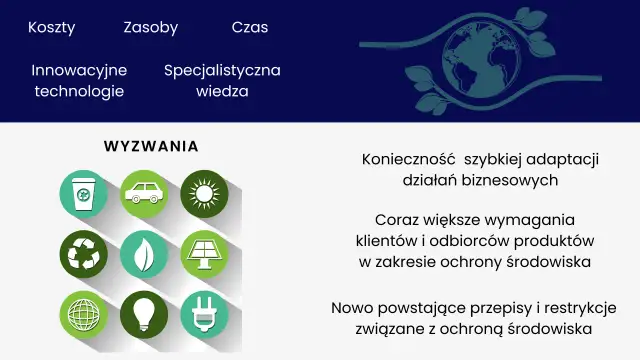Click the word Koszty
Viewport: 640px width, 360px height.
[52, 28]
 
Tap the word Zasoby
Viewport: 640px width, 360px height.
[151, 28]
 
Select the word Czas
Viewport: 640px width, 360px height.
[250, 28]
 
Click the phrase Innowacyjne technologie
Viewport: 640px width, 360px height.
[80, 81]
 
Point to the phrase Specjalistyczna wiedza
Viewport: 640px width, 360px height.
[222, 81]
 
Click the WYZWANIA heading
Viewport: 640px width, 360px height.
[151, 147]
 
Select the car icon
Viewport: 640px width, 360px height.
[144, 193]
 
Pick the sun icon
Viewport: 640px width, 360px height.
[204, 193]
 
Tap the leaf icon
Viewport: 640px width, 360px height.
[144, 253]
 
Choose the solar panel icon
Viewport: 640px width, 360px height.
[204, 253]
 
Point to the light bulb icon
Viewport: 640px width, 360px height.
[144, 313]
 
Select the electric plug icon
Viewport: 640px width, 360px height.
[204, 313]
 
